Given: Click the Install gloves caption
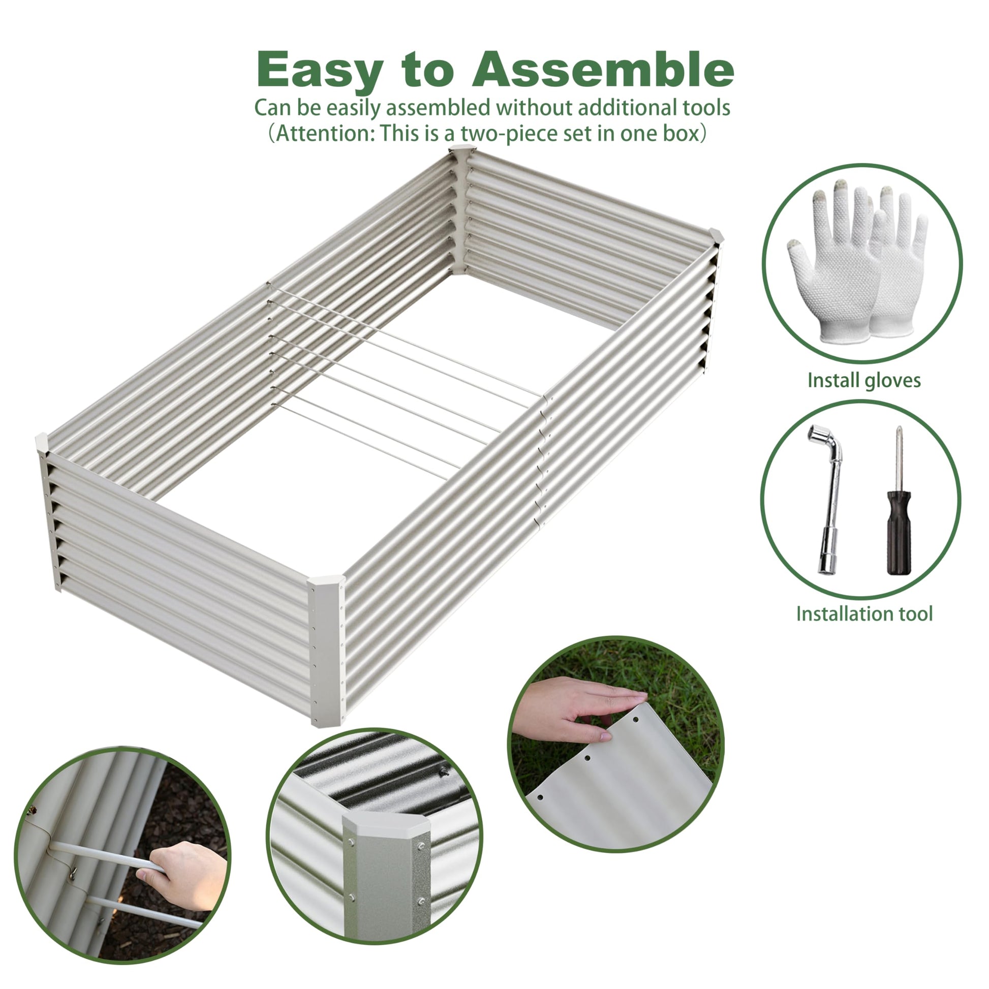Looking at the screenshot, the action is pyautogui.click(x=864, y=380).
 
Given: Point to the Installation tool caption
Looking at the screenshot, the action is pyautogui.click(x=864, y=614).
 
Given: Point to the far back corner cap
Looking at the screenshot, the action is pyautogui.click(x=463, y=151).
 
